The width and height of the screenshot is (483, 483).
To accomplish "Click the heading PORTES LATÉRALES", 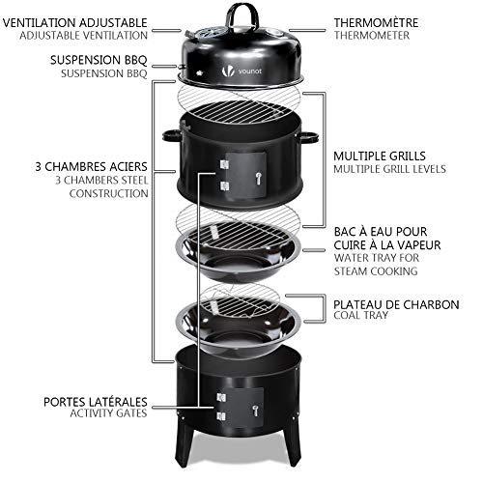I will click(95, 401).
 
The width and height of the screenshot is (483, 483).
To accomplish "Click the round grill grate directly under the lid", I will click(237, 107).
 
